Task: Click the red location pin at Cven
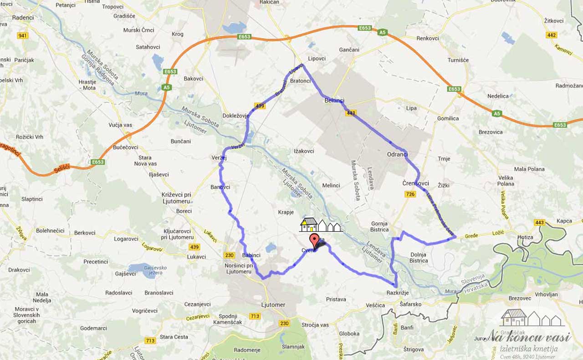[314, 240]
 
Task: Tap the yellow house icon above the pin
[309, 224]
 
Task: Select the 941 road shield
[21, 35]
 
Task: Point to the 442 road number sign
[552, 35]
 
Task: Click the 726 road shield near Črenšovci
[410, 194]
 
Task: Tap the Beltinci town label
[334, 101]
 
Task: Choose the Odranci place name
[397, 154]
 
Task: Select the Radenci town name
[23, 18]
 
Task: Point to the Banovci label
[220, 187]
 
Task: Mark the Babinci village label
[251, 255]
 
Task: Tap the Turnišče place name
[458, 60]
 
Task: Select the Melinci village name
[331, 186]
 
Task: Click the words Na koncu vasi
[530, 337]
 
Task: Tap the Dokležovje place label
[235, 116]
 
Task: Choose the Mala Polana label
[529, 169]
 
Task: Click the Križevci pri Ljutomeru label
[176, 198]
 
